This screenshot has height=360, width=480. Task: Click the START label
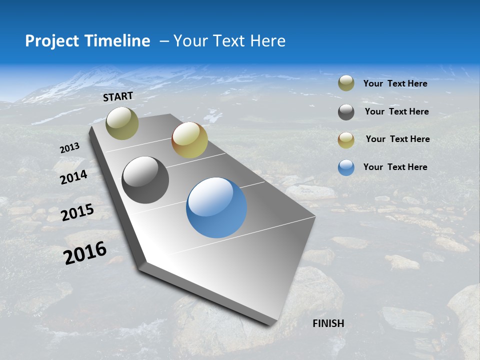(118, 96)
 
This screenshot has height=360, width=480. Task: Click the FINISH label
(328, 323)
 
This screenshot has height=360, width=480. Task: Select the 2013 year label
(69, 148)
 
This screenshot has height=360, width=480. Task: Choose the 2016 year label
(85, 253)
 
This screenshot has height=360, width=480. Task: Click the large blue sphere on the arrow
(216, 207)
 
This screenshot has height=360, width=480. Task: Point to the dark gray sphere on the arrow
(145, 180)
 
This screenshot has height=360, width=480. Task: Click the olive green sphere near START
(122, 123)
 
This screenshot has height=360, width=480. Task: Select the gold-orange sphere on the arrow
(189, 140)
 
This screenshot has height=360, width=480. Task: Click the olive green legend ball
(346, 83)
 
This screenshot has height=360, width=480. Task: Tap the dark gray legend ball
(346, 112)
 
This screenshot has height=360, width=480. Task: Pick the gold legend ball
(346, 140)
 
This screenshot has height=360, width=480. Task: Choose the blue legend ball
(346, 167)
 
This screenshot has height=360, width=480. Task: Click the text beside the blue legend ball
(395, 167)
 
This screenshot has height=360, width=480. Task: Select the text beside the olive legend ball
(395, 83)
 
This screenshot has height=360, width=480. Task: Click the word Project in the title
(52, 41)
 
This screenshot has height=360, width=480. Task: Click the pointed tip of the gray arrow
(270, 324)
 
